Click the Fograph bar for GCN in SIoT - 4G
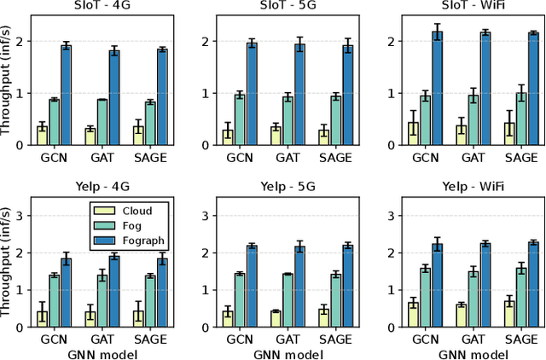[66, 95]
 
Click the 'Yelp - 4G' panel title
[90, 188]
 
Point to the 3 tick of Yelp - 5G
[206, 216]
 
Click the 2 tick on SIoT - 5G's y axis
[206, 41]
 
